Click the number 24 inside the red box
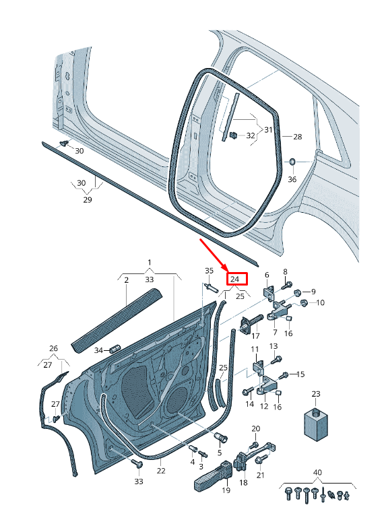click(235, 279)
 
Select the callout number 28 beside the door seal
click(296, 137)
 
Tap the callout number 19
click(226, 491)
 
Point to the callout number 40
click(317, 473)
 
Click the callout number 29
click(87, 201)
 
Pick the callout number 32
click(251, 135)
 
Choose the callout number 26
click(54, 348)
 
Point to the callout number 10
click(319, 302)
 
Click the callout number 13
click(274, 345)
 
